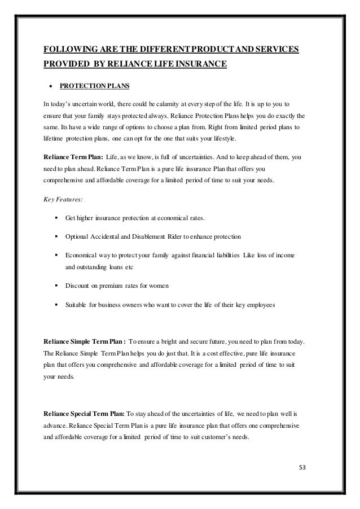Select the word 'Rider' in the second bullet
click(185, 236)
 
